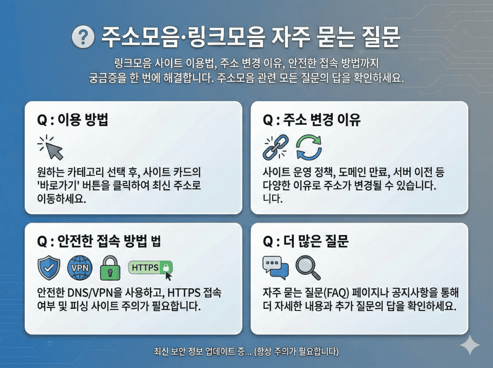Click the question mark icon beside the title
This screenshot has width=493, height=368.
pos(83,38)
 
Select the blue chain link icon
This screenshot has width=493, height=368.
pos(274,148)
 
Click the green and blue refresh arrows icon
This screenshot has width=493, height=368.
pos(309,148)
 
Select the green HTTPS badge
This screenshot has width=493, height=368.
pos(150,267)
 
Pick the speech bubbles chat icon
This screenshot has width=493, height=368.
pos(275,267)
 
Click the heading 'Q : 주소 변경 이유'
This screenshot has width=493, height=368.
pos(312,120)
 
